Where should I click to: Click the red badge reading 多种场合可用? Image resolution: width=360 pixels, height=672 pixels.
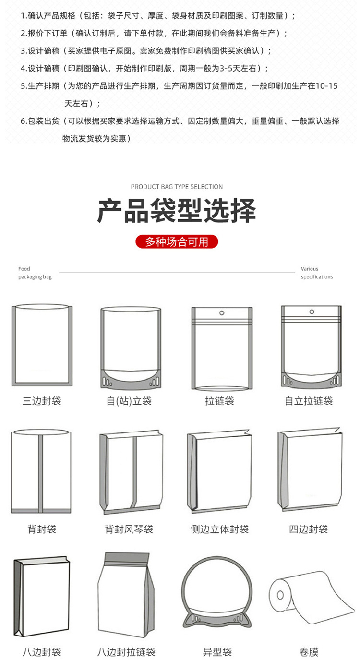coord(177,242)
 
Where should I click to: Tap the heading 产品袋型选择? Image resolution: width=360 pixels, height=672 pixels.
coord(177,211)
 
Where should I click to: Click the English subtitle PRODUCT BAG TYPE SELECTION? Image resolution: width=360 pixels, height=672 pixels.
coord(177,187)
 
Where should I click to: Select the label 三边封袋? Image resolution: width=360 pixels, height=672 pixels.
coord(42,401)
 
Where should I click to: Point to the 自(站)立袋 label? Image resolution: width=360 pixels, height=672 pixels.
coord(129,401)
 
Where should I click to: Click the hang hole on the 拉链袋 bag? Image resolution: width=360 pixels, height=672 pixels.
coord(222,313)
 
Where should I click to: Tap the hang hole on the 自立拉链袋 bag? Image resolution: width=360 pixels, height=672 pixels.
coord(311,312)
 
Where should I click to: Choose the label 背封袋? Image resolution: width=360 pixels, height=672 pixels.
coord(42,529)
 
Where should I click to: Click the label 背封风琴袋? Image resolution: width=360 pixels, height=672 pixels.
coord(129,529)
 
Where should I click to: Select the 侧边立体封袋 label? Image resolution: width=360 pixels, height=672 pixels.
coord(219,529)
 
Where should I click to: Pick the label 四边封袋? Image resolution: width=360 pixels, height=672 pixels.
coord(309,529)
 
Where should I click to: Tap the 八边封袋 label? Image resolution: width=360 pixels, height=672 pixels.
coord(42,652)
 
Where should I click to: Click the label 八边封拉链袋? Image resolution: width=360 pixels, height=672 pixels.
coord(126,652)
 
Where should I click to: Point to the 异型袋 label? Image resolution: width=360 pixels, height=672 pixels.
coord(217,652)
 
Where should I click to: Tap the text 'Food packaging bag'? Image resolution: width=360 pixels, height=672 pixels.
coord(35,273)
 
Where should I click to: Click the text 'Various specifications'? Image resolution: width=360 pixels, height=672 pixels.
coord(316,273)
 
